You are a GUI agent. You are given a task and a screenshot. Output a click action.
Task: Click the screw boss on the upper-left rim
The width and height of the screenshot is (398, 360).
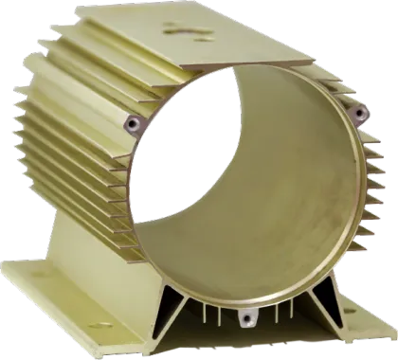click(133, 122)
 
